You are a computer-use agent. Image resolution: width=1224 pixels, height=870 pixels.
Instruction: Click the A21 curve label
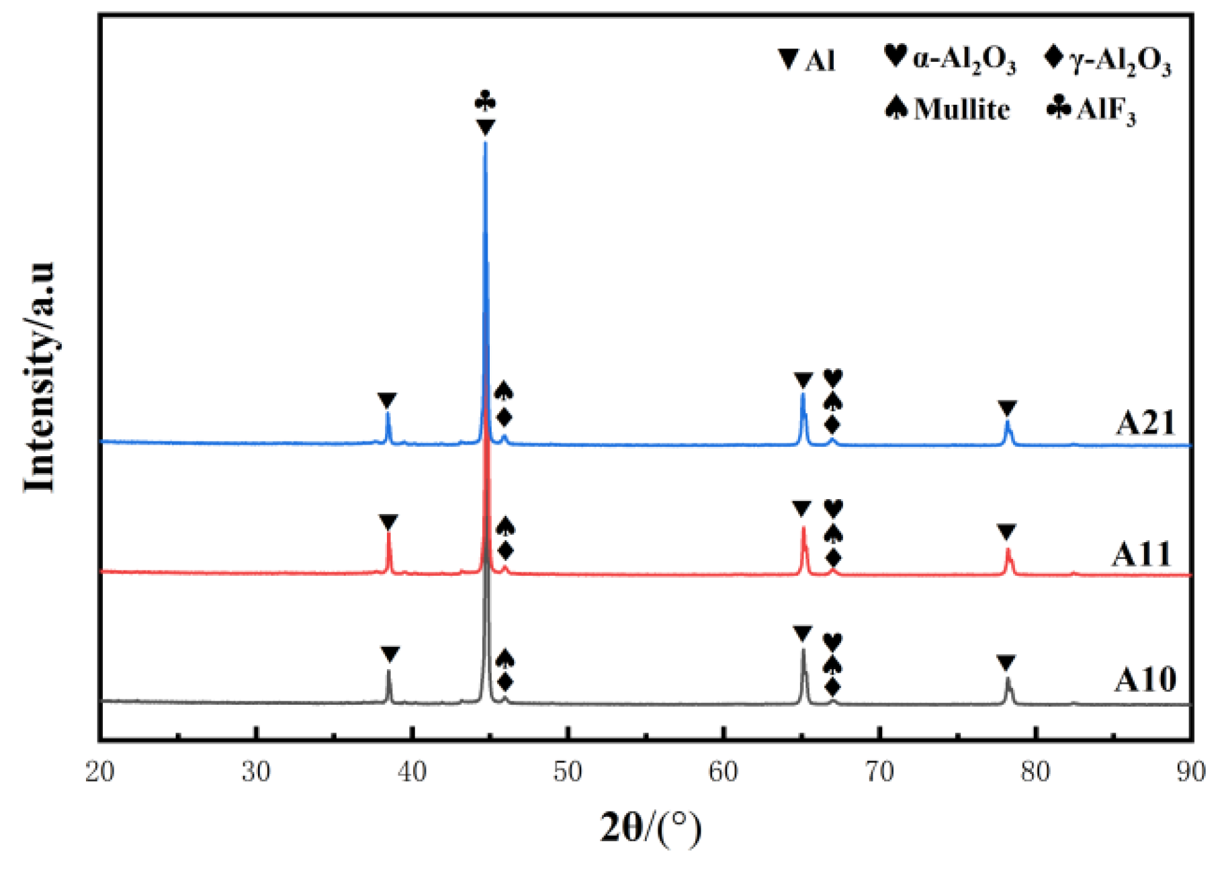1145,423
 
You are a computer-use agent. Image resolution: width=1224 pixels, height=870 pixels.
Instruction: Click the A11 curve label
1141,555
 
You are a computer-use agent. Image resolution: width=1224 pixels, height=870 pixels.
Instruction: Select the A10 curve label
1145,680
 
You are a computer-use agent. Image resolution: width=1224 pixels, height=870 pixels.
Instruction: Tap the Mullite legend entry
947,109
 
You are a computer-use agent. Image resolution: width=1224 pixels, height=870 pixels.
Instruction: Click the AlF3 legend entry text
1106,110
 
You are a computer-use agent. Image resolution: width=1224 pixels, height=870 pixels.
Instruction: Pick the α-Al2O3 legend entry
950,59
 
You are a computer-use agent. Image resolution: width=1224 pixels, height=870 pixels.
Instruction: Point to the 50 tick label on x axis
568,772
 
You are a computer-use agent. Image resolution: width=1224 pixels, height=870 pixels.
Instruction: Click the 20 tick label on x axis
100,772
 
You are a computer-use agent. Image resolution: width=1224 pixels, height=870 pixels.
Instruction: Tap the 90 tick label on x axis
1191,772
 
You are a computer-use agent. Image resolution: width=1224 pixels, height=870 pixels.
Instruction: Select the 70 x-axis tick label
879,772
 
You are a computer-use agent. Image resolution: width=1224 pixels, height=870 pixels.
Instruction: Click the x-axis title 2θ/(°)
650,827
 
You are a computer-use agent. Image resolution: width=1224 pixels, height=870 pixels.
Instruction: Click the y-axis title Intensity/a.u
38,376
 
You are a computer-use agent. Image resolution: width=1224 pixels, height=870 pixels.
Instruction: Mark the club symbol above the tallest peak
485,102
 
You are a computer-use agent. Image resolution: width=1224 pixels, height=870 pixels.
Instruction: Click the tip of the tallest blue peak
485,142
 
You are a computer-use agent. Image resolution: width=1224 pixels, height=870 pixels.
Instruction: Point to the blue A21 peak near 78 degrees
1008,423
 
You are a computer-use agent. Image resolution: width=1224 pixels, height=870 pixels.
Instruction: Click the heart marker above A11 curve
833,509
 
